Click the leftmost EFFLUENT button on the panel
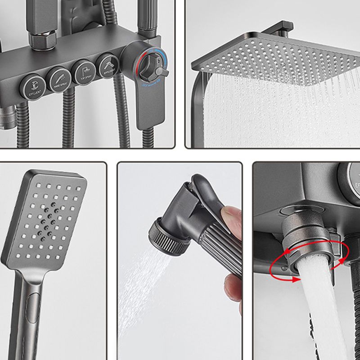(34, 85)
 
